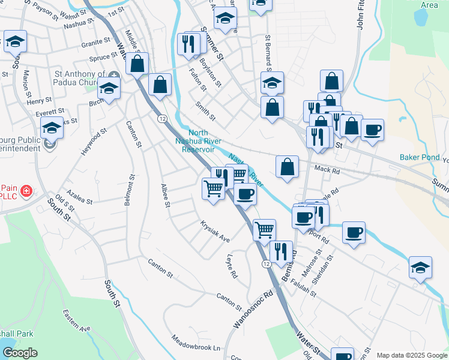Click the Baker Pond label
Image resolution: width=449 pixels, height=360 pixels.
[x=419, y=158]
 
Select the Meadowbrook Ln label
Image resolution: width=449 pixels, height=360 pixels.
[x=196, y=347]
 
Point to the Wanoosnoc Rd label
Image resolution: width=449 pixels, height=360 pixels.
[x=253, y=310]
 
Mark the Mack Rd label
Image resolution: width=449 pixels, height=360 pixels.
[x=327, y=170]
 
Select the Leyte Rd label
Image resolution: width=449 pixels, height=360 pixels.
[x=231, y=266]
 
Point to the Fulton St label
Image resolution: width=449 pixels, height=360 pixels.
[x=197, y=80]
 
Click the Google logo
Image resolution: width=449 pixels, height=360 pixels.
[x=20, y=353]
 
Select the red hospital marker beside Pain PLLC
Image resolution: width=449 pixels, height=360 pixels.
[x=26, y=191]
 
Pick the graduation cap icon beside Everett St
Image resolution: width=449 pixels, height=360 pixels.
[x=52, y=128]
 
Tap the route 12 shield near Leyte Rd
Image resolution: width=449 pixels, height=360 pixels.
[x=265, y=263]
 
